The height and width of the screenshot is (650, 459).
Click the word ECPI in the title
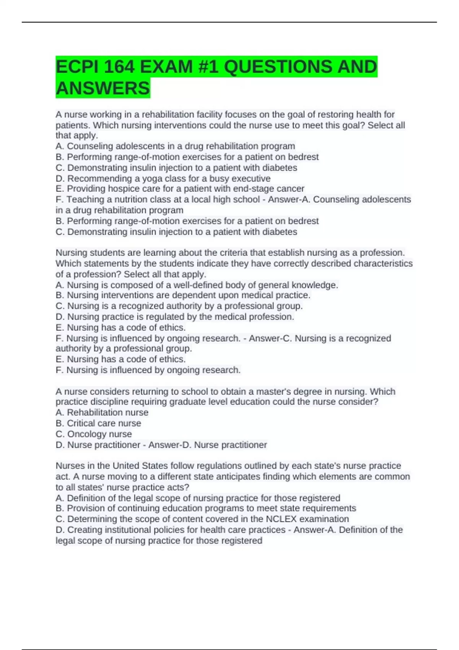[75, 67]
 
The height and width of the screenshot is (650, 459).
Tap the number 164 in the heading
[119, 67]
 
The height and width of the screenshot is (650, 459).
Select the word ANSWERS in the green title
[103, 88]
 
